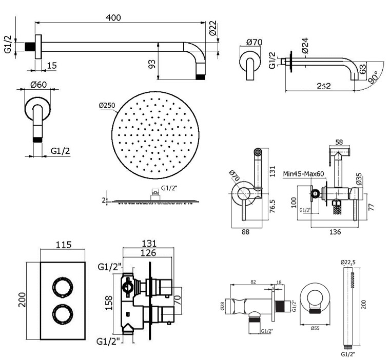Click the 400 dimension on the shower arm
click(x=113, y=17)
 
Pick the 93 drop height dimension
click(x=151, y=64)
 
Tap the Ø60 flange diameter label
click(x=39, y=84)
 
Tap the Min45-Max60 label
click(x=303, y=174)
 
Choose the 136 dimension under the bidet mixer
click(x=334, y=231)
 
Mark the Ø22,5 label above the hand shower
click(x=348, y=262)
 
